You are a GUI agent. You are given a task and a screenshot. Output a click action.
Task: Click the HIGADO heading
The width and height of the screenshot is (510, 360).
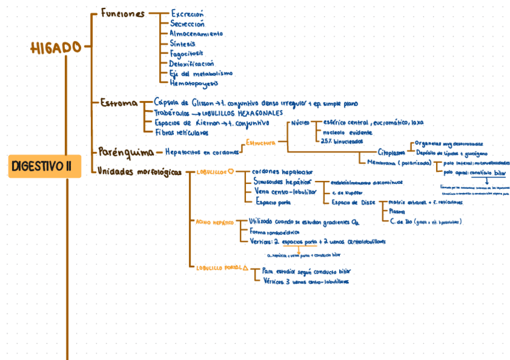pyautogui.click(x=56, y=47)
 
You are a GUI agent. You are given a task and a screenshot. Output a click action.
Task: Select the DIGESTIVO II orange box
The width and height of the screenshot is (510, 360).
pyautogui.click(x=45, y=165)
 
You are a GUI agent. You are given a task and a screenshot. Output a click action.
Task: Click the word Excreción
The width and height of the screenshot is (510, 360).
pyautogui.click(x=187, y=13)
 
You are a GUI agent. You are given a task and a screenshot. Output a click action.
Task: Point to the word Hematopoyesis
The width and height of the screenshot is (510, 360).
pyautogui.click(x=194, y=84)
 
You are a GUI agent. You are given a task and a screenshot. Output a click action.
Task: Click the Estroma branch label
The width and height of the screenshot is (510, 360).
pyautogui.click(x=118, y=103)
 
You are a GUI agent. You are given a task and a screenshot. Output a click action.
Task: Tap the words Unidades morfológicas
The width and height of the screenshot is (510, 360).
pyautogui.click(x=139, y=172)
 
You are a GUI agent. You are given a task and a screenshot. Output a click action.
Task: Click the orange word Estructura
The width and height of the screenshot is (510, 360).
pyautogui.click(x=260, y=143)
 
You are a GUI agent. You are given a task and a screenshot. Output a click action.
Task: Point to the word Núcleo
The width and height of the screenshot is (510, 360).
pyautogui.click(x=300, y=123)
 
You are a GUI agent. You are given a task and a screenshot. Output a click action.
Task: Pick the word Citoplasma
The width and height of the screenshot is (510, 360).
pyautogui.click(x=391, y=152)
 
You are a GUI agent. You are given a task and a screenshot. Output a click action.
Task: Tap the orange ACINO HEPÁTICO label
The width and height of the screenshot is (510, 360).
pyautogui.click(x=214, y=222)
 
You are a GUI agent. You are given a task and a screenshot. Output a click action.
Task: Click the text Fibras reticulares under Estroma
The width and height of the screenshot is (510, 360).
pyautogui.click(x=182, y=132)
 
